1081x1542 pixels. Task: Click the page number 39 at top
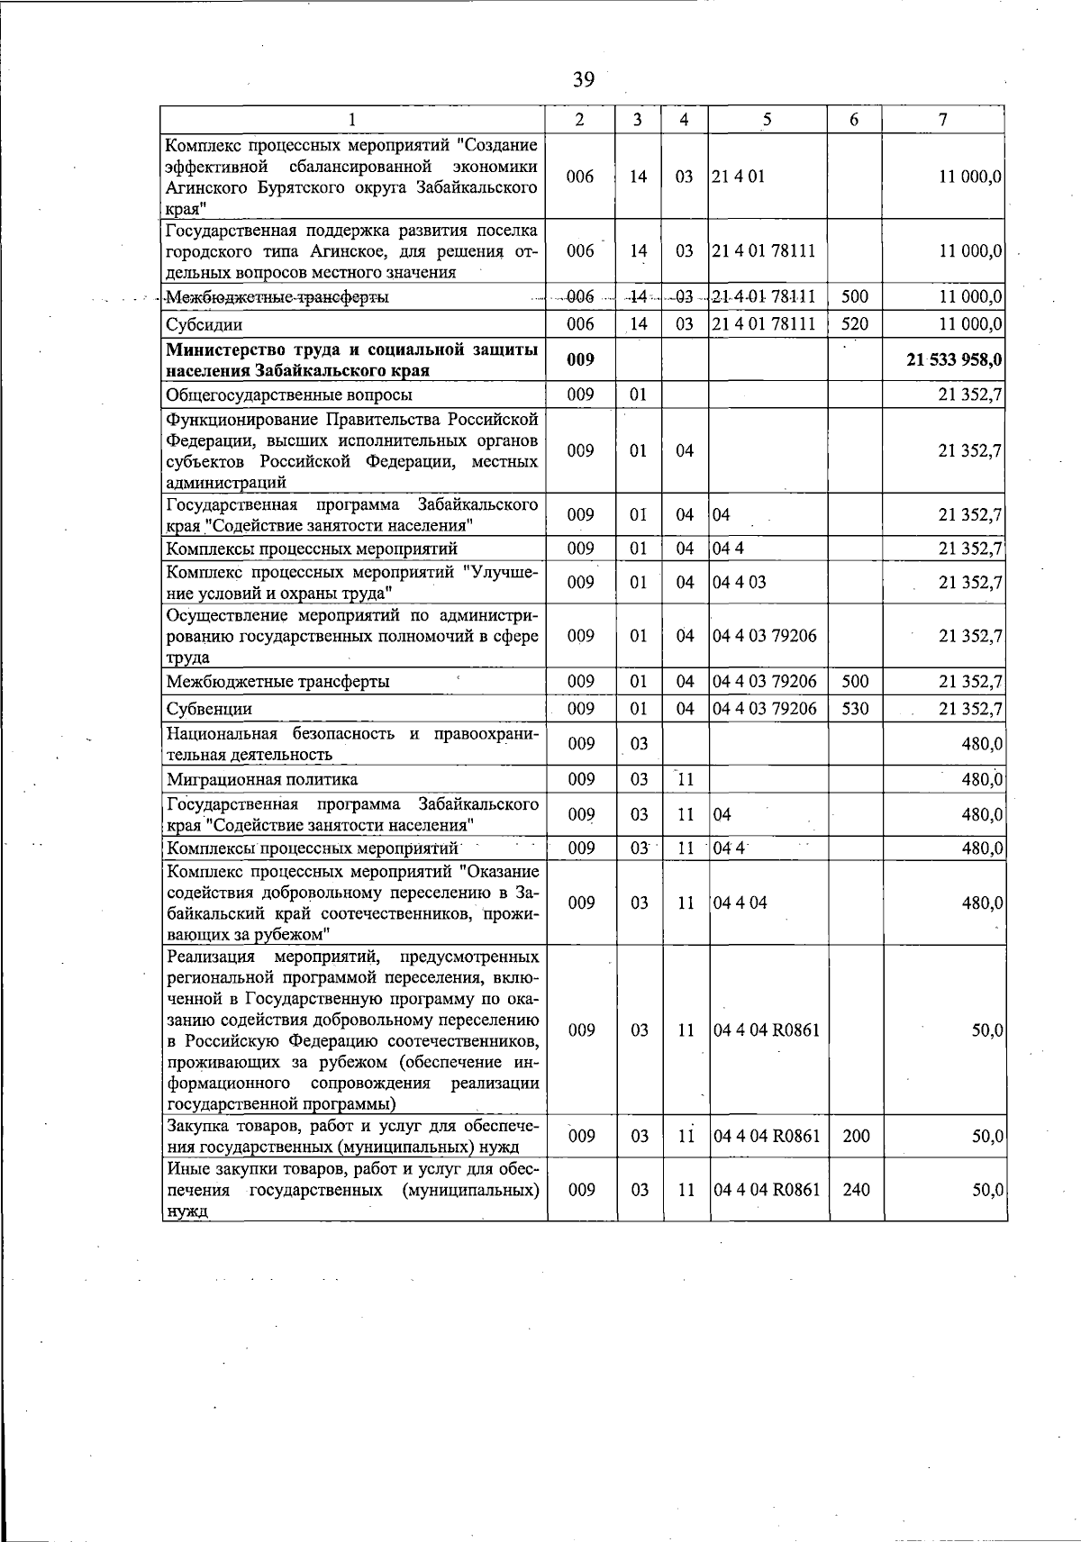(x=583, y=81)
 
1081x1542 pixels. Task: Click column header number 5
(x=767, y=120)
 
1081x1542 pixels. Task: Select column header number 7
(x=942, y=120)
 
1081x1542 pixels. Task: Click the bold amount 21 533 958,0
(x=955, y=359)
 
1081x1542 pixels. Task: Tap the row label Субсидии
(x=204, y=324)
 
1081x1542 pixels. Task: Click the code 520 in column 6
(x=854, y=324)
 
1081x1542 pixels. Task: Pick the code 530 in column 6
(x=854, y=709)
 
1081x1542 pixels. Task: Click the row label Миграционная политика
(x=262, y=779)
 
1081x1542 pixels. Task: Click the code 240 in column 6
(x=854, y=1189)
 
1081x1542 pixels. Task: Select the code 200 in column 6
(x=854, y=1136)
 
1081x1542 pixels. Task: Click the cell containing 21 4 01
(x=738, y=177)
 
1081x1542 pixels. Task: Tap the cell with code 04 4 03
(x=739, y=582)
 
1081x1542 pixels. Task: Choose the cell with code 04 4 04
(x=739, y=903)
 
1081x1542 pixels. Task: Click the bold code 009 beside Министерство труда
(x=580, y=359)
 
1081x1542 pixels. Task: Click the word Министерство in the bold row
(x=223, y=349)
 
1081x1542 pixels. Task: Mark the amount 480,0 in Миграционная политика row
(x=982, y=779)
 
